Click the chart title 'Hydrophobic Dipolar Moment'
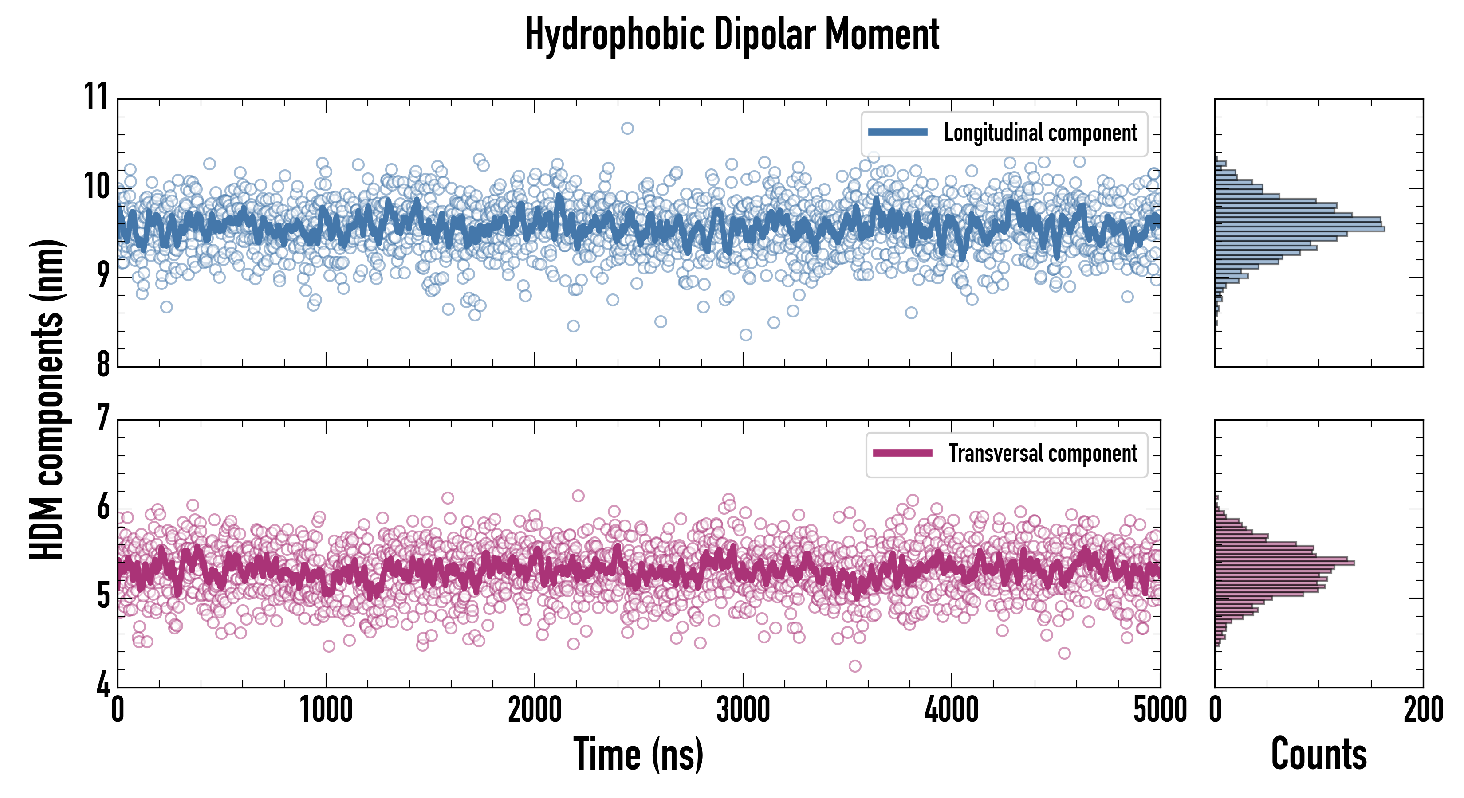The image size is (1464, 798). [732, 35]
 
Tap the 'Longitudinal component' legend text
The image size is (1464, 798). [1040, 133]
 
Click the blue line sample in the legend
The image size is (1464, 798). [898, 133]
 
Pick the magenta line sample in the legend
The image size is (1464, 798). [902, 453]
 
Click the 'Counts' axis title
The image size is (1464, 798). [1318, 754]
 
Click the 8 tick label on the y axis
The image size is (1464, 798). [103, 364]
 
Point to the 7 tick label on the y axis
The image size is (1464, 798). [103, 418]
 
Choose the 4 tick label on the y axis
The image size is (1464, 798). [103, 685]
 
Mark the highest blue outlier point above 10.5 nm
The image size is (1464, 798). [627, 129]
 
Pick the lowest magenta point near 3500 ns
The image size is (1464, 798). [855, 665]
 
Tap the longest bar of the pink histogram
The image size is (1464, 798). [1284, 563]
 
